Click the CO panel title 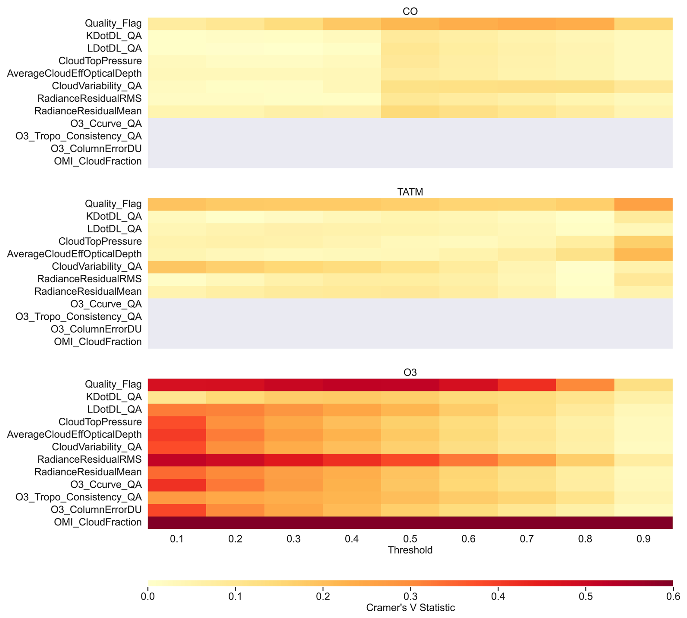(x=410, y=11)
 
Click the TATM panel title (x=410, y=192)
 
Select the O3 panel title (x=410, y=372)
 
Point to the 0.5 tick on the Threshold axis (x=410, y=539)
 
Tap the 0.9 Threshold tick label (x=643, y=539)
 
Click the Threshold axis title (x=410, y=550)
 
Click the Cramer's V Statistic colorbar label (x=410, y=607)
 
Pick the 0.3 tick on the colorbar (x=410, y=596)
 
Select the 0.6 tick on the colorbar (x=672, y=596)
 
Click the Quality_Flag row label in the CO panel (x=113, y=23)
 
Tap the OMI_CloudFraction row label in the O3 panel (x=98, y=522)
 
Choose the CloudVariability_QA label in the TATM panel (x=97, y=266)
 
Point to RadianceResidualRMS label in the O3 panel (x=89, y=459)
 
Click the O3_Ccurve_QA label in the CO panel (x=106, y=124)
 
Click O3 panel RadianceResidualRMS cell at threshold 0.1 (x=177, y=460)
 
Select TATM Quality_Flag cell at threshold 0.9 (x=643, y=204)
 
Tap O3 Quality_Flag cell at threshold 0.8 (x=585, y=385)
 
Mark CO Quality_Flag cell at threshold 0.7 (x=527, y=24)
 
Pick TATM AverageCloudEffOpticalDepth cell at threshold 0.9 (x=643, y=254)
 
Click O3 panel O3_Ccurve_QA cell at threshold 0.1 (x=177, y=485)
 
